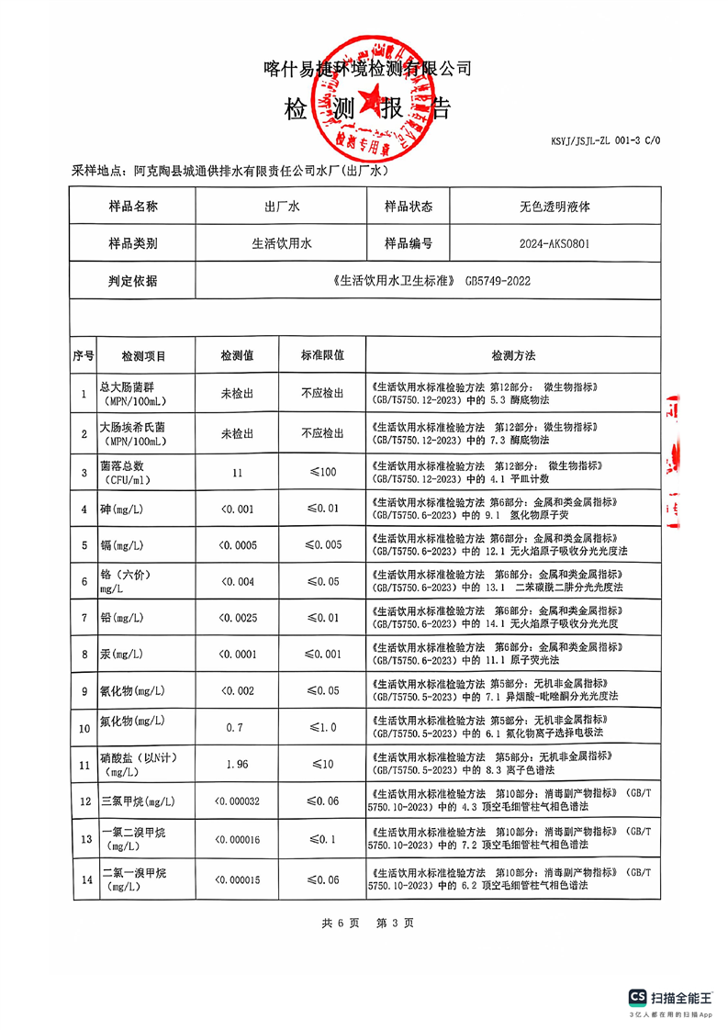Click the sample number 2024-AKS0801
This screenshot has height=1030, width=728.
554,244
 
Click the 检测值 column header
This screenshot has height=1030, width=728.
237,355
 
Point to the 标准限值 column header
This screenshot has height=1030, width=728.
322,355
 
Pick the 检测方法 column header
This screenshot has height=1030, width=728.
512,355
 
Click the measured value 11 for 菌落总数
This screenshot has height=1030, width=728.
237,473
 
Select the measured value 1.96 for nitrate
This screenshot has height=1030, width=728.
237,764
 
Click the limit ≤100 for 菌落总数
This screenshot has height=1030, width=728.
322,473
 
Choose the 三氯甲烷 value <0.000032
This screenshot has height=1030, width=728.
237,801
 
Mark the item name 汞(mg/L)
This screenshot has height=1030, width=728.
121,655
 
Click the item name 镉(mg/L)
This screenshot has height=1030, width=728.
121,545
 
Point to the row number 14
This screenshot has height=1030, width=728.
84,879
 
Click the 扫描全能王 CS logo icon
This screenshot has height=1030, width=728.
637,997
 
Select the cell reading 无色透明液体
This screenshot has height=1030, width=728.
554,207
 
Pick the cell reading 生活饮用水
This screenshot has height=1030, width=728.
282,244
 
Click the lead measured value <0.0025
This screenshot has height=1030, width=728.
237,618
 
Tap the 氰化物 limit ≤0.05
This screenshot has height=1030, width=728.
322,690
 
